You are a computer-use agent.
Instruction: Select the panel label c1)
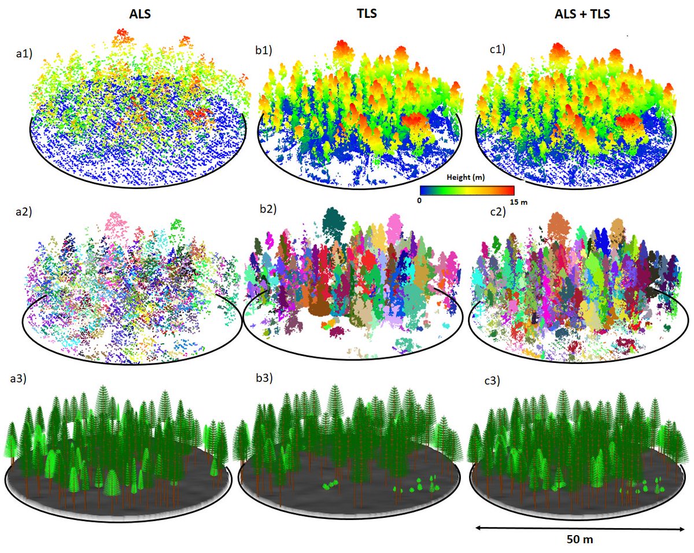click(x=496, y=50)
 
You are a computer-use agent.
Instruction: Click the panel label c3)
click(x=491, y=380)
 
